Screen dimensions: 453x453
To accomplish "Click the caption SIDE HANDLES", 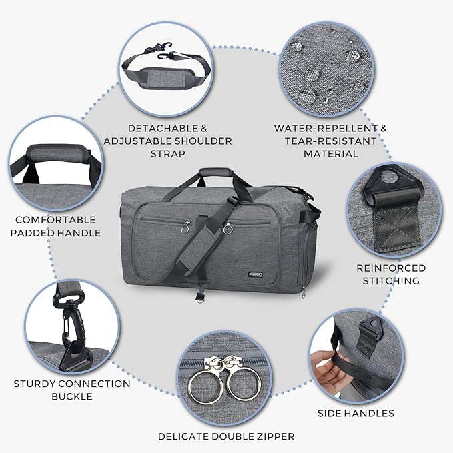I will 365,413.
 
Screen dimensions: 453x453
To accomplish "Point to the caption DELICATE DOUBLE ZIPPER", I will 226,436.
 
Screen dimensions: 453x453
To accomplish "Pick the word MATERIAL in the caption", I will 331,153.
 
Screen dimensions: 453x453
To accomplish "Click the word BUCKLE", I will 71,396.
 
